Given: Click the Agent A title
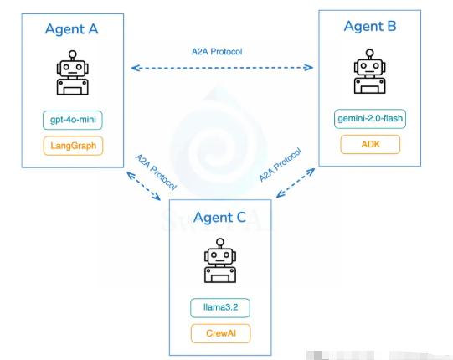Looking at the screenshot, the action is tap(72, 29).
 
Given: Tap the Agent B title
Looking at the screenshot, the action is tap(370, 27).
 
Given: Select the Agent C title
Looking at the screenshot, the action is tap(219, 218).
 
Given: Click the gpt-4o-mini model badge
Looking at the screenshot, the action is tap(73, 120).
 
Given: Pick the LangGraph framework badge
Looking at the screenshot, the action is tap(73, 146).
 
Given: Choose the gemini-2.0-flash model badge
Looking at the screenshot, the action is tap(370, 118).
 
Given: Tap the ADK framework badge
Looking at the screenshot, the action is tap(370, 144).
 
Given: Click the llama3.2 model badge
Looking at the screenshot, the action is tap(220, 308).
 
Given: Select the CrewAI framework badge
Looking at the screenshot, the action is tap(221, 333).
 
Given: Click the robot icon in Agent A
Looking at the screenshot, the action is tap(73, 73).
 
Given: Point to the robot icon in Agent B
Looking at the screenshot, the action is tap(370, 71).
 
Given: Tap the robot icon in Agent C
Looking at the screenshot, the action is tap(220, 260).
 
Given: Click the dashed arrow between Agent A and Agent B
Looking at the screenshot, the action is tap(222, 68).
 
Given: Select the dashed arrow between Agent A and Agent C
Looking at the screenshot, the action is tap(143, 186).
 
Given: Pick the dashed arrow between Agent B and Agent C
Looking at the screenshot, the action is tap(296, 183).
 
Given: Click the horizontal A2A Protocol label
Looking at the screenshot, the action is tap(217, 52).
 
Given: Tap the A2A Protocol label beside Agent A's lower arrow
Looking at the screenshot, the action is tap(156, 172).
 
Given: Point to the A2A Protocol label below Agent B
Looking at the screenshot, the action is tap(281, 165).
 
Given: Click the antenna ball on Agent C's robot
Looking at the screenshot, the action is tap(220, 242).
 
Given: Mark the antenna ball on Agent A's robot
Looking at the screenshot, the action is tap(73, 54).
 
